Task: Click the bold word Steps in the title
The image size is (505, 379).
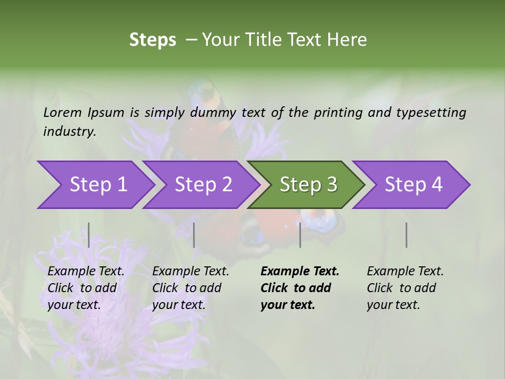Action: (x=153, y=40)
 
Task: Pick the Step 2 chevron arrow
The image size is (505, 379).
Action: (x=200, y=185)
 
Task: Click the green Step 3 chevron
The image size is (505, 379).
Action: (x=305, y=185)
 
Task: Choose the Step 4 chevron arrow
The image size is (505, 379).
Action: (x=410, y=185)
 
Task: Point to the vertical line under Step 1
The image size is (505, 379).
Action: (x=89, y=235)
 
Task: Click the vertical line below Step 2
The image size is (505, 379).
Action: (x=194, y=235)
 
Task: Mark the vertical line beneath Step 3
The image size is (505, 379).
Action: (x=300, y=235)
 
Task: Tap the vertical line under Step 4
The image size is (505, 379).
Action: (x=407, y=235)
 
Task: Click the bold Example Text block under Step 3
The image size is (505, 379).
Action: (x=299, y=288)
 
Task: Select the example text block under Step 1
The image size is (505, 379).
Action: (x=86, y=288)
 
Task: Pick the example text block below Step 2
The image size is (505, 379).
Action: (x=190, y=288)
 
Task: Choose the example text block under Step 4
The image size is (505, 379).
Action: (x=405, y=288)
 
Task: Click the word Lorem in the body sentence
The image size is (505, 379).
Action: (x=62, y=113)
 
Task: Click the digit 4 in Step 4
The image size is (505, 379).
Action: (x=437, y=185)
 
